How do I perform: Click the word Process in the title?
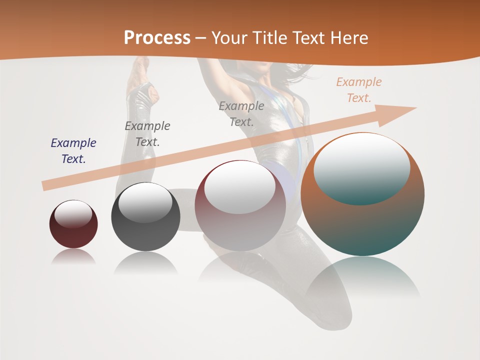point(157,38)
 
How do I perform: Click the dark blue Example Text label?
point(73,151)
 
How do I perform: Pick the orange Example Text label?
point(359,90)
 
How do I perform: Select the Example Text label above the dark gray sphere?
point(147,134)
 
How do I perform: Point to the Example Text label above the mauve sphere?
point(241,113)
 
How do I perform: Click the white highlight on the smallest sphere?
point(73,213)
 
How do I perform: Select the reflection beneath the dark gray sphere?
point(145,263)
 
